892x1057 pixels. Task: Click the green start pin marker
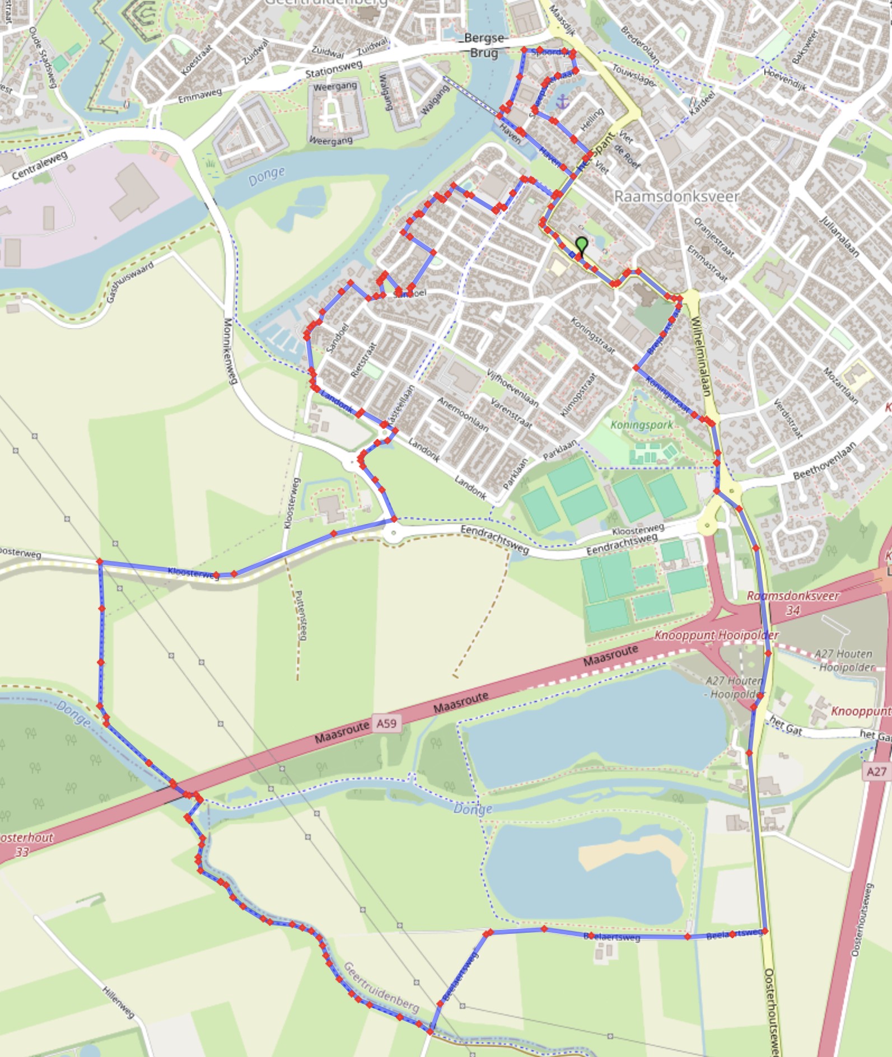[582, 245]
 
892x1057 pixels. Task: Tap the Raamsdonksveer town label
[676, 197]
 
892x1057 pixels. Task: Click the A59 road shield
[386, 723]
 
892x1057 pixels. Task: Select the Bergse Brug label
[484, 45]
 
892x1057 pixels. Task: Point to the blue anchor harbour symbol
[563, 101]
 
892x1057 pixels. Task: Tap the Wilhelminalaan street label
[701, 357]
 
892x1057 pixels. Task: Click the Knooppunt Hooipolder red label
[716, 636]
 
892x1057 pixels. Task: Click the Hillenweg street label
[119, 1001]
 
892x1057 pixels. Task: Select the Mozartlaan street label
[840, 386]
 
